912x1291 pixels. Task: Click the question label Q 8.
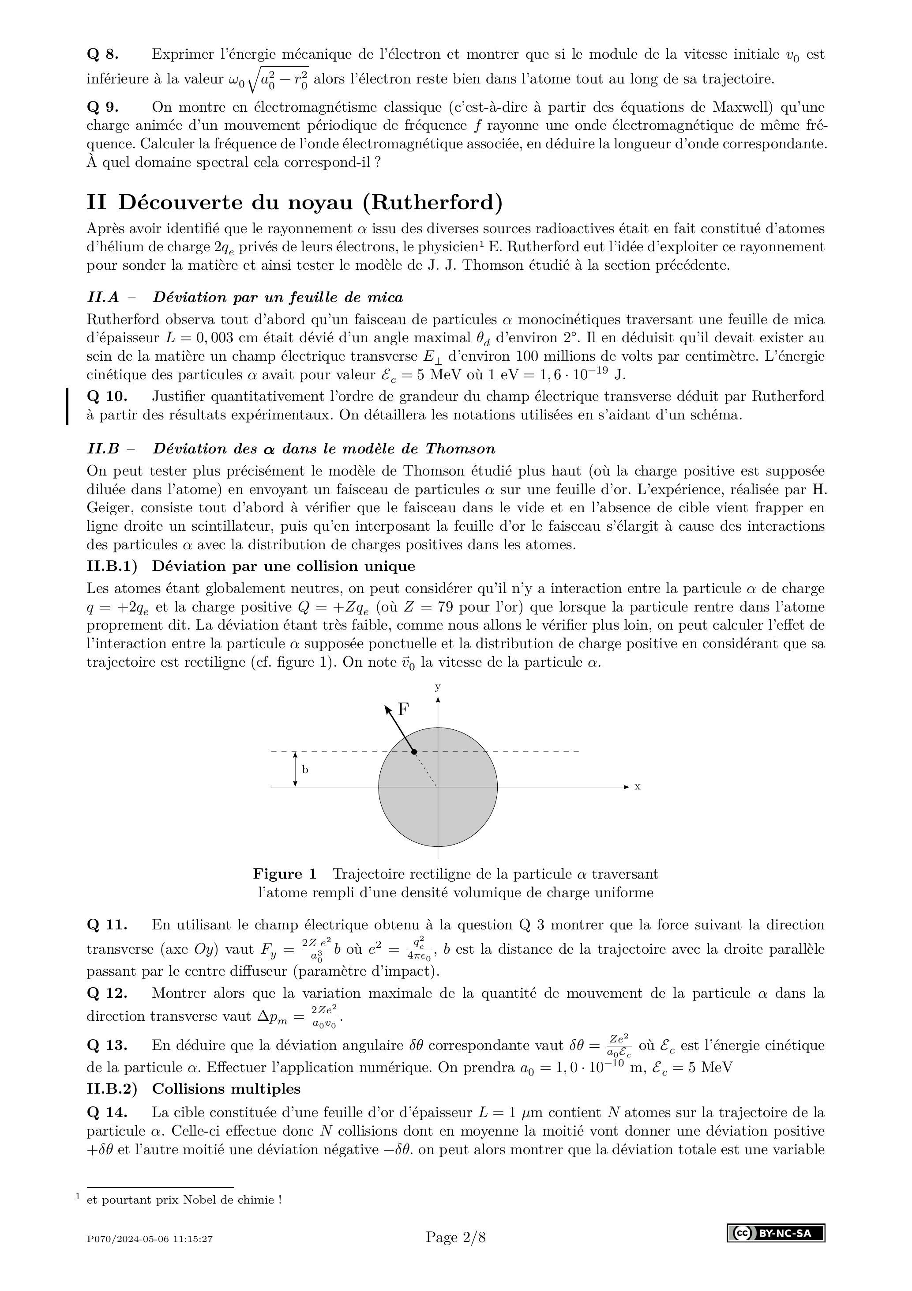click(102, 55)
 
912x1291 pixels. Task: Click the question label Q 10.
click(107, 396)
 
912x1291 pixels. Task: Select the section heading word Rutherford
click(432, 202)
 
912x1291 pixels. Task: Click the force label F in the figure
click(403, 710)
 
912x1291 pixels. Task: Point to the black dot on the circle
click(414, 752)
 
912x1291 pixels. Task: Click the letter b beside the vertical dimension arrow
click(305, 769)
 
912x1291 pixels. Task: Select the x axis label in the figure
click(637, 787)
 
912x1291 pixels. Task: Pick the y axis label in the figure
click(437, 687)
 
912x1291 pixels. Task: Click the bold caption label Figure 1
click(285, 874)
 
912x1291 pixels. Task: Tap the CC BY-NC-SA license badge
click(776, 1233)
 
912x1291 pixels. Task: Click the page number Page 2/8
click(455, 1237)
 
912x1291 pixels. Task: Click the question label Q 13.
click(107, 1045)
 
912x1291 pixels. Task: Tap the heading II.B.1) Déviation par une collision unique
click(251, 566)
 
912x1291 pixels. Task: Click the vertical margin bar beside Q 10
click(68, 406)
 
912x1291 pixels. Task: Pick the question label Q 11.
click(107, 925)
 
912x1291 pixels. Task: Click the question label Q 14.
click(107, 1112)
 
